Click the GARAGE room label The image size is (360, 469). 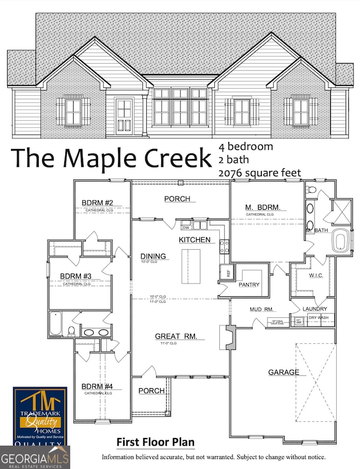pos(284,373)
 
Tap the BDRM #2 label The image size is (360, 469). pos(97,202)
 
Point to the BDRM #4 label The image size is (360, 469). pos(97,386)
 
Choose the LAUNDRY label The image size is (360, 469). pos(315,309)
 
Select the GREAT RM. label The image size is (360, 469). pos(172,336)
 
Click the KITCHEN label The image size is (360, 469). pos(194,240)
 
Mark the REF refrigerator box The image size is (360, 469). pos(225,272)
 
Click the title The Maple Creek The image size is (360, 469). pos(111,158)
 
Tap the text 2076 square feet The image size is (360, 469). pos(259,173)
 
